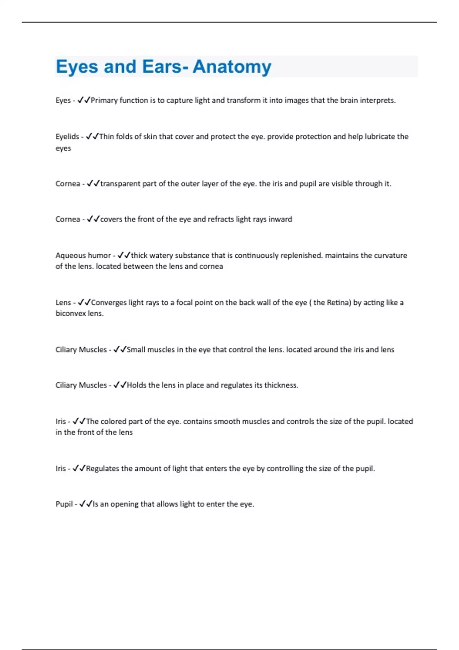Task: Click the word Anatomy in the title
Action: [x=232, y=67]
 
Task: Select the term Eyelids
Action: [x=67, y=136]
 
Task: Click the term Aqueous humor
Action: [x=83, y=255]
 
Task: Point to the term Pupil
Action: [x=64, y=504]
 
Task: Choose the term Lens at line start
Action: [x=63, y=302]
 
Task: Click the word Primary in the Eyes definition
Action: [x=104, y=100]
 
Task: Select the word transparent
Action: [x=120, y=184]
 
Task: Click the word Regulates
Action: [x=103, y=468]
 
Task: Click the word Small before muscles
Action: [x=136, y=349]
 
